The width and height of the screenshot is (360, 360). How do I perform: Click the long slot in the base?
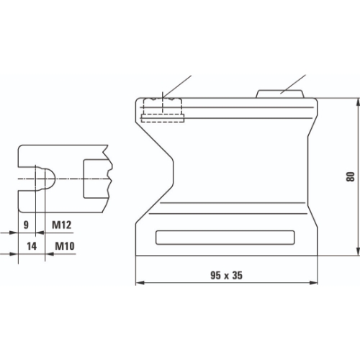(225, 238)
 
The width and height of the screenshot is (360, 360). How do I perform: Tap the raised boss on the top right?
(280, 93)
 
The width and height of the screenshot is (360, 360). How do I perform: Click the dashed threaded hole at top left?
(163, 109)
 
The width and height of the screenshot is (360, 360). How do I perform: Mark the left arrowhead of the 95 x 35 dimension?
(138, 283)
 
